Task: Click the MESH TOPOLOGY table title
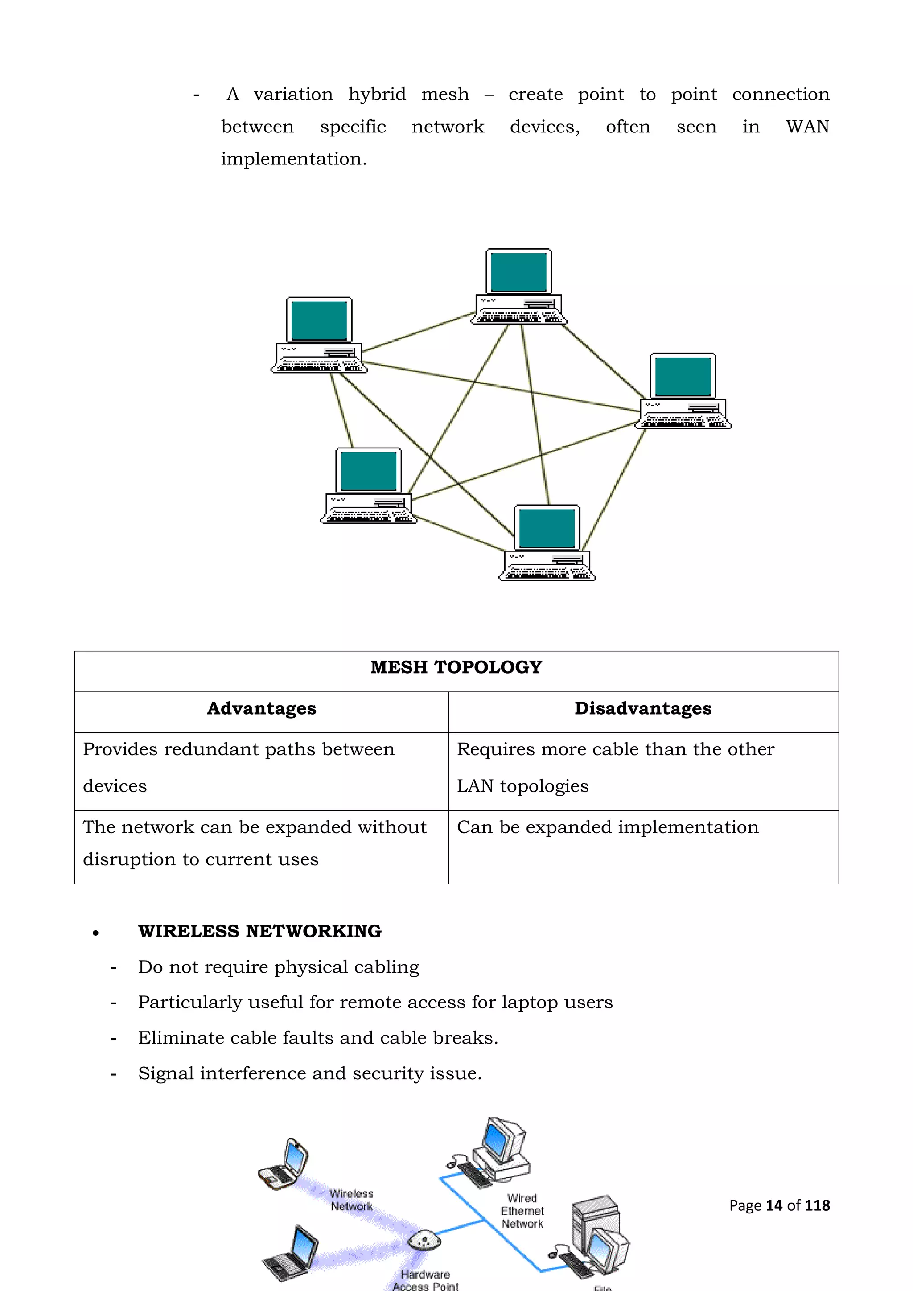coord(456,667)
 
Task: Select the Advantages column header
coord(261,708)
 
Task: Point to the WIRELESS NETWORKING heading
coord(260,932)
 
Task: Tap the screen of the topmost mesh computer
coord(518,271)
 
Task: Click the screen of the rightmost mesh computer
coord(683,376)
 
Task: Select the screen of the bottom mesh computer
coord(547,528)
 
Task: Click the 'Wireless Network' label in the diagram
coord(351,1200)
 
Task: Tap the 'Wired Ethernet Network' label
coord(522,1211)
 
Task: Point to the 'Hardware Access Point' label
coord(426,1280)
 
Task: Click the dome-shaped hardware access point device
coord(422,1240)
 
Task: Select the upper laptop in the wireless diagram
coord(285,1164)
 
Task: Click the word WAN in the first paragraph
coord(807,127)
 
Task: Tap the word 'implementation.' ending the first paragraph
coord(293,160)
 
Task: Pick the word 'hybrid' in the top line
coord(377,95)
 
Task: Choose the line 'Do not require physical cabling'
coord(278,967)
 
